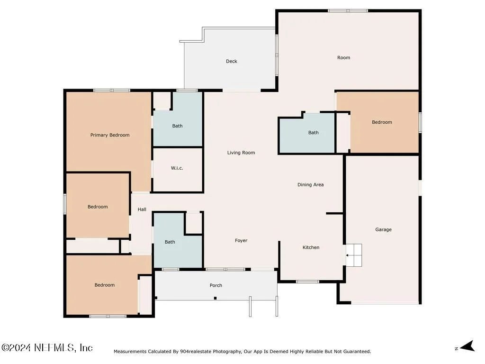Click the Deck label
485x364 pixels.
pos(231,61)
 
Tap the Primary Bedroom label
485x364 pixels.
pos(110,135)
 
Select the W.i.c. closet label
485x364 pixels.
pos(177,168)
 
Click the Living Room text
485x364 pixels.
pos(241,153)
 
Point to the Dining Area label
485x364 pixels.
pos(311,185)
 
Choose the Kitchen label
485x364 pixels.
pos(311,247)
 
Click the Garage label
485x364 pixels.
pos(383,229)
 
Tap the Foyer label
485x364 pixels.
pos(241,240)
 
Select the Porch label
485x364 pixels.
pos(216,285)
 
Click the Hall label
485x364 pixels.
pos(142,209)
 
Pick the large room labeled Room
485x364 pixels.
pos(344,57)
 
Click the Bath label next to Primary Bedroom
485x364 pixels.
pos(177,126)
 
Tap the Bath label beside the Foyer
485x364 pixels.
pos(170,242)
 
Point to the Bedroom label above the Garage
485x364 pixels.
pos(382,122)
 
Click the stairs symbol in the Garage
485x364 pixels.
pos(353,255)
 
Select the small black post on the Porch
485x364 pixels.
pos(216,298)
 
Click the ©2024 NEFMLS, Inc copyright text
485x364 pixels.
pos(47,347)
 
